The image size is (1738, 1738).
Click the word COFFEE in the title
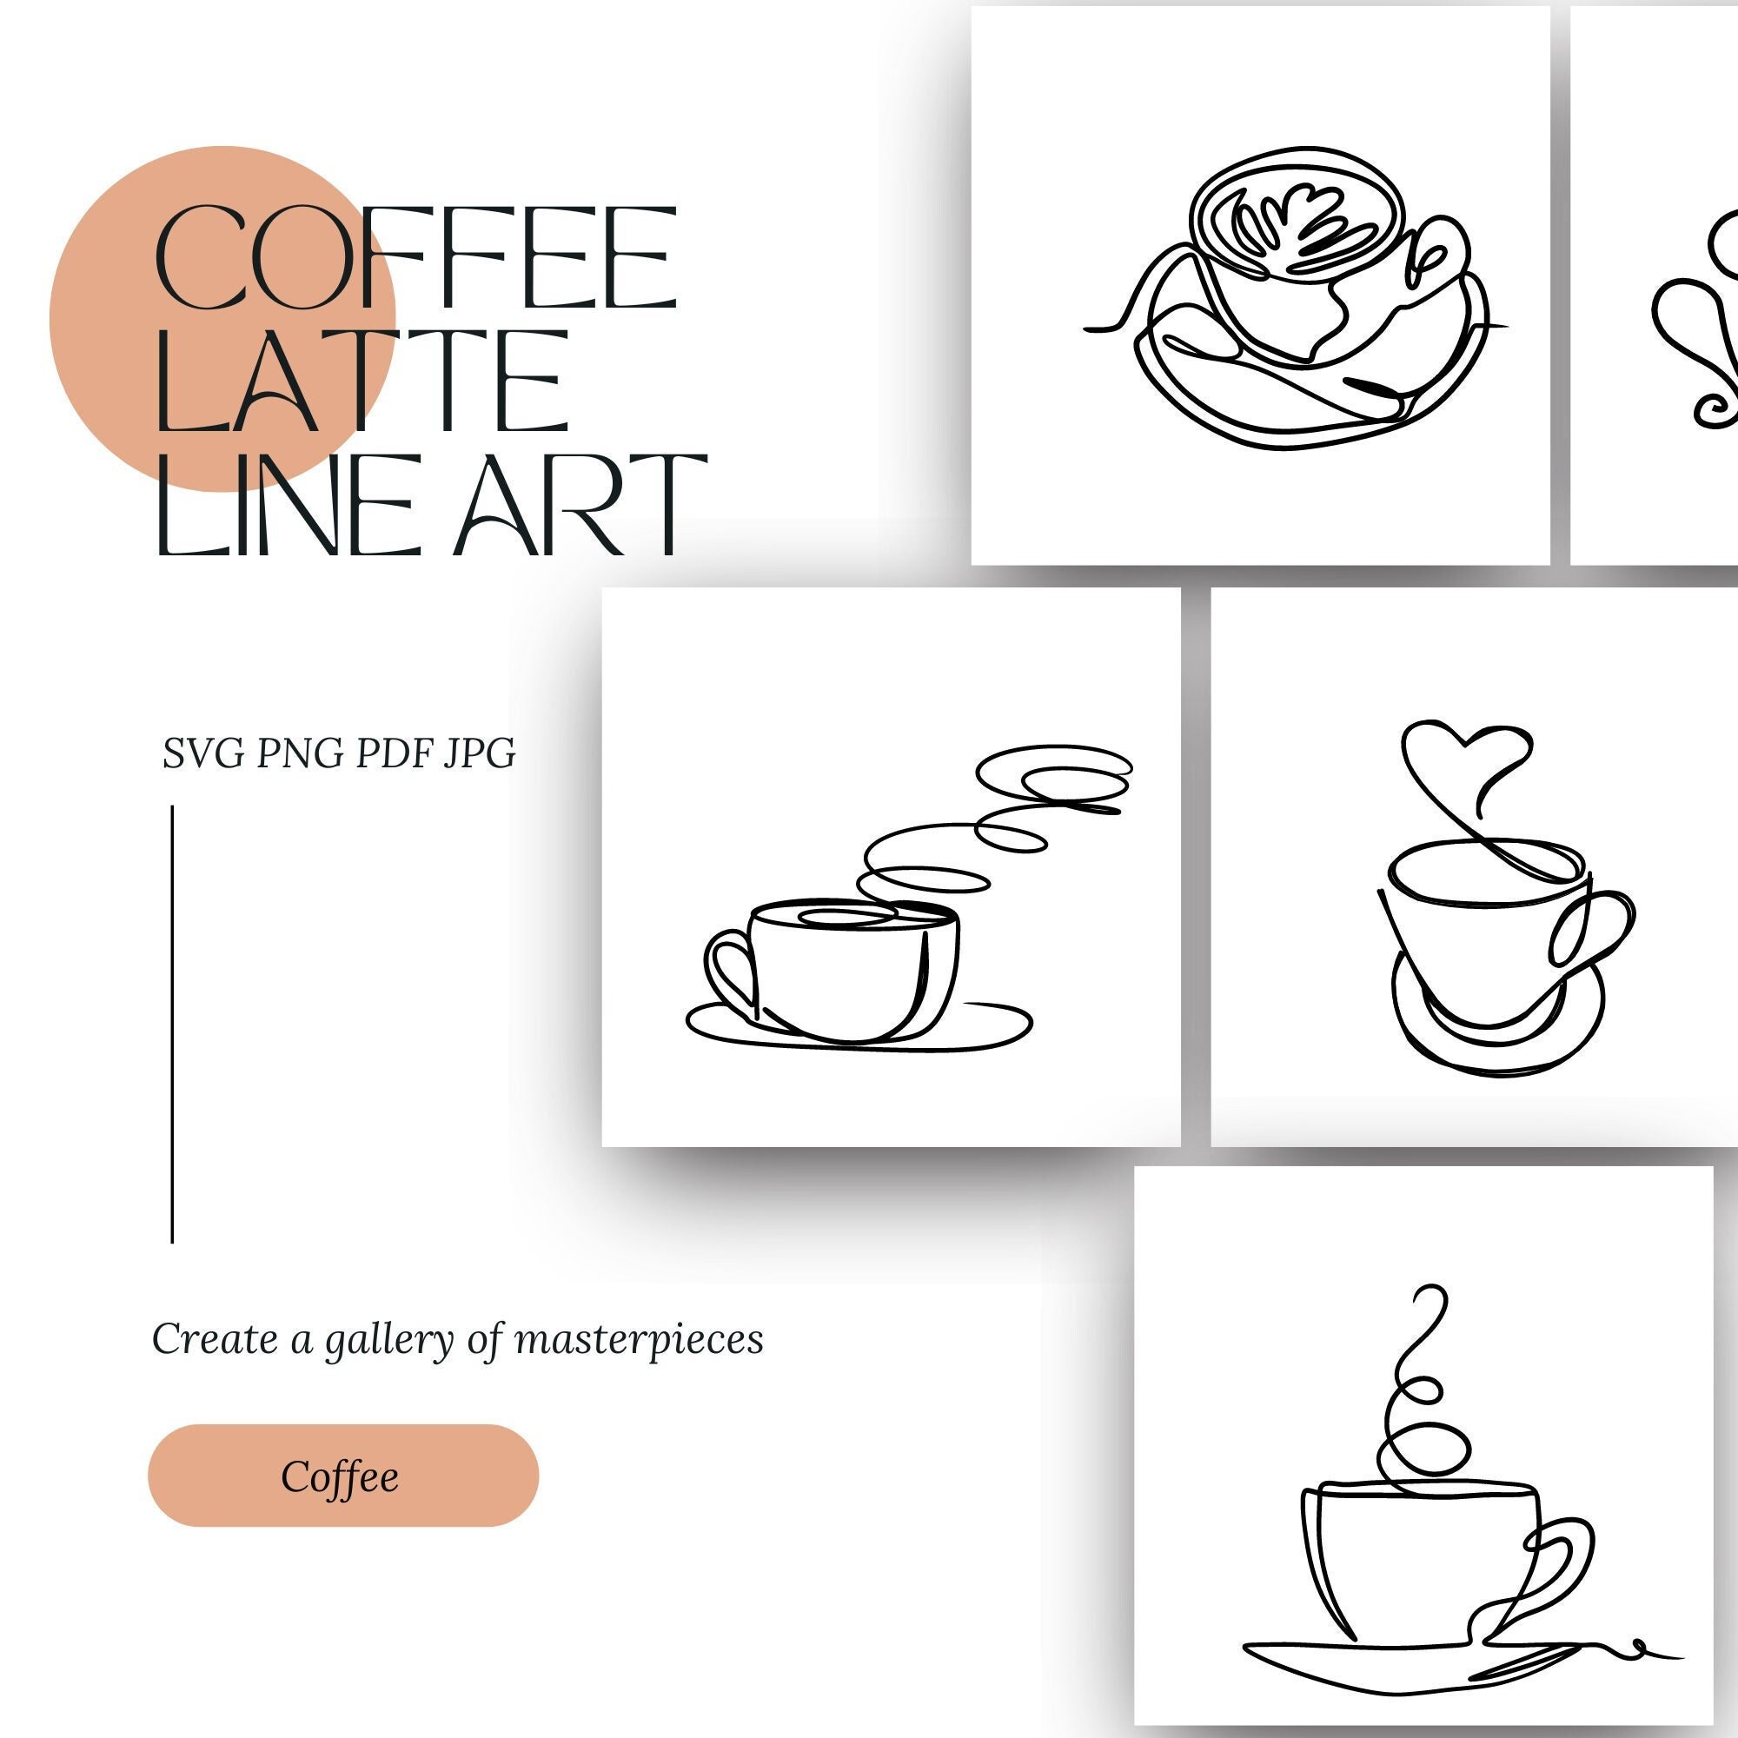[x=415, y=258]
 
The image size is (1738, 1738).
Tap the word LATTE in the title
[x=362, y=381]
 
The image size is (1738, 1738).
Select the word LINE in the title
[x=286, y=505]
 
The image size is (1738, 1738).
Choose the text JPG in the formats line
[x=480, y=753]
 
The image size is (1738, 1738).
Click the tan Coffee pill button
[x=342, y=1476]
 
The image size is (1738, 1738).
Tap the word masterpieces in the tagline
[x=639, y=1339]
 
